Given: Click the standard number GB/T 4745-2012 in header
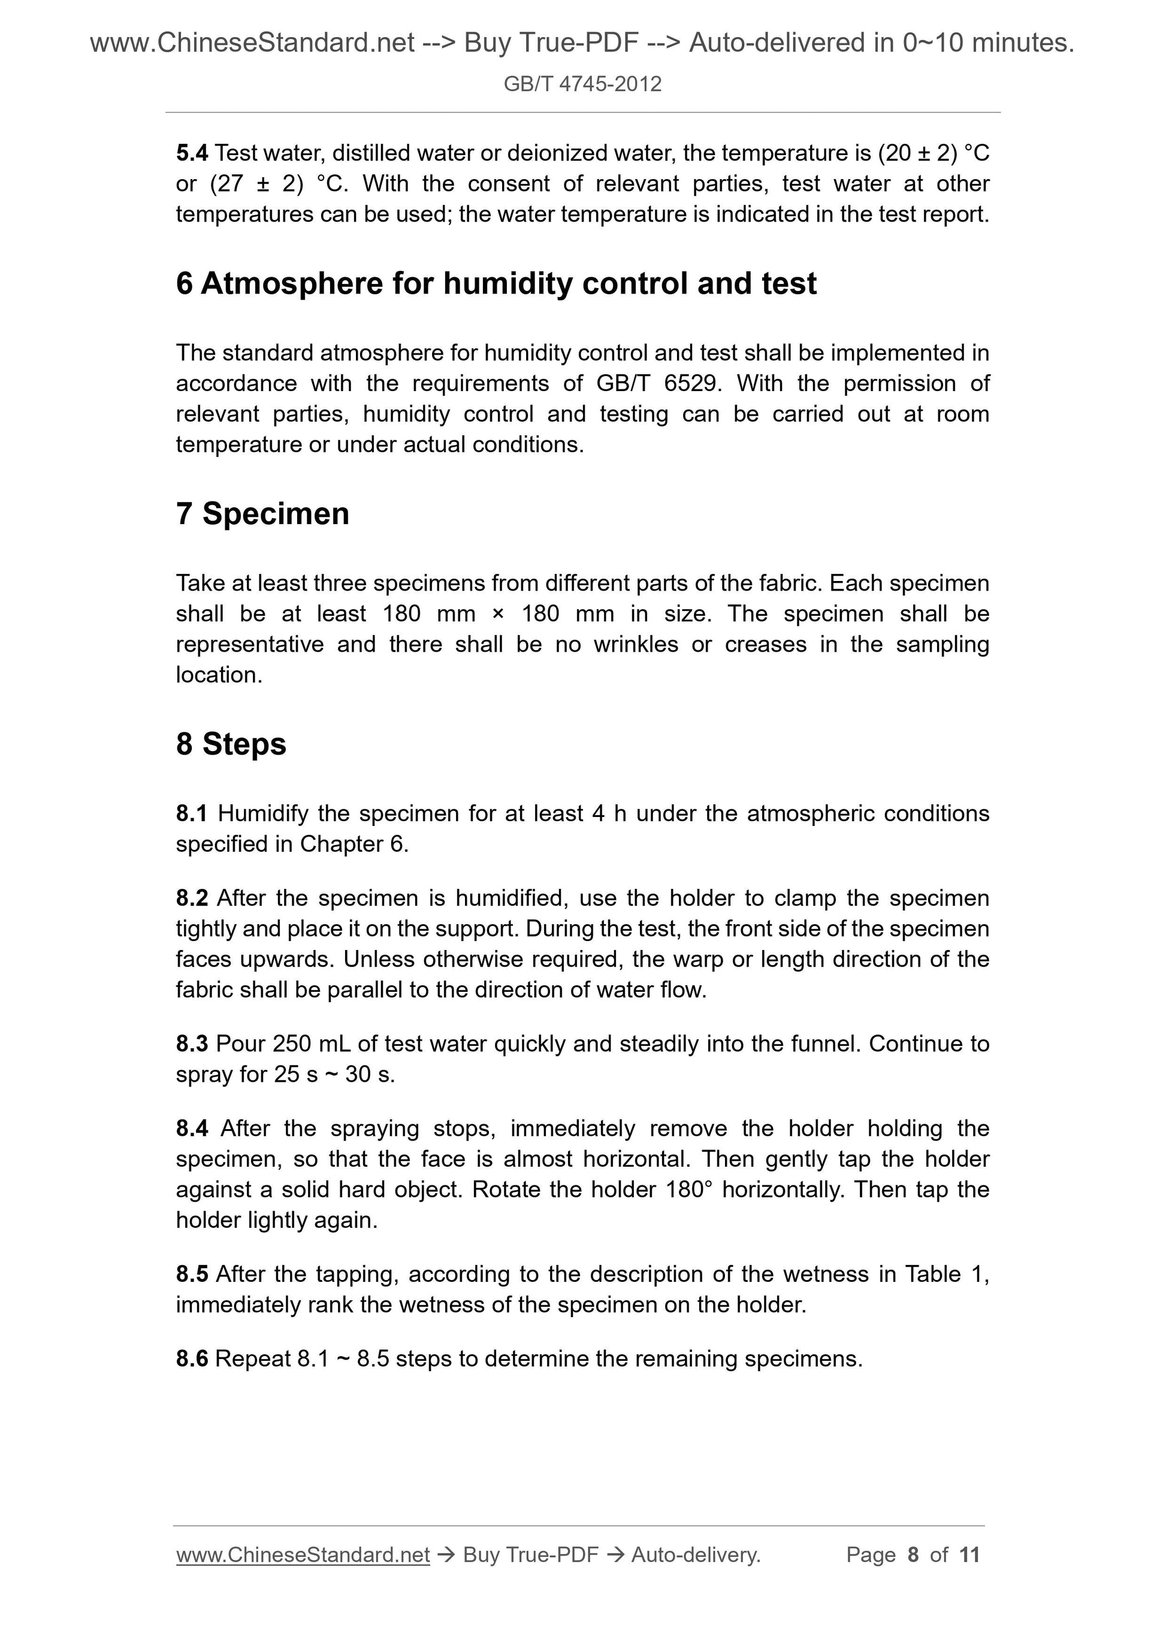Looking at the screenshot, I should [x=582, y=84].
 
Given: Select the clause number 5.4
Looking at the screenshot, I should [x=192, y=153].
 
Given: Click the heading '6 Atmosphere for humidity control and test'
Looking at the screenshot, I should [x=496, y=284].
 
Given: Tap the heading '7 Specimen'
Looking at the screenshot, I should [x=262, y=513].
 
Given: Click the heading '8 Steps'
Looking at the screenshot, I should [x=231, y=744].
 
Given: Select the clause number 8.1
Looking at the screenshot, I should [x=192, y=814].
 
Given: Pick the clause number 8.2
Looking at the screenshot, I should [x=192, y=898].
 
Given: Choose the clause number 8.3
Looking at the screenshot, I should [x=192, y=1043].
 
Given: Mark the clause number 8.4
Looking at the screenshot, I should [x=192, y=1128].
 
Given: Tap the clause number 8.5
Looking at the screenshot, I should [x=192, y=1274].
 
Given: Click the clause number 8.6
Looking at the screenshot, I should [x=192, y=1359].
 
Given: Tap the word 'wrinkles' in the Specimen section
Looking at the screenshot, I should [x=635, y=645].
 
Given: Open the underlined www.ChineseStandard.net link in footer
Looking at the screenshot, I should [x=303, y=1555].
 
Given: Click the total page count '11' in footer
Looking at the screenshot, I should [x=969, y=1555].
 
